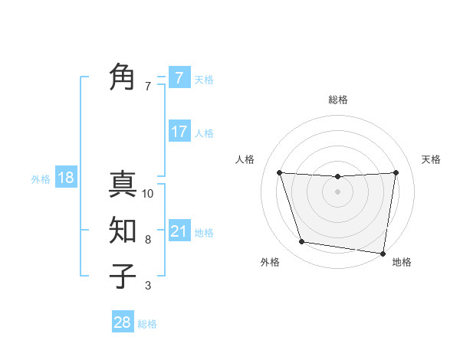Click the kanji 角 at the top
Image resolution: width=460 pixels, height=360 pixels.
point(123,77)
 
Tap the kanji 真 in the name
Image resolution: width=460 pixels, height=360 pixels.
point(123,185)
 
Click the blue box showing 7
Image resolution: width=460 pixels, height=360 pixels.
point(179,77)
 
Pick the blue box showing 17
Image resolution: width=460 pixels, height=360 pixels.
point(179,132)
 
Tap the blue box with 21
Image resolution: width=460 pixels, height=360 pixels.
point(179,231)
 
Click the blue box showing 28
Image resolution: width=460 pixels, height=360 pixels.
point(122,322)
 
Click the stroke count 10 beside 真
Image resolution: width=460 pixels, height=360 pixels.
point(148,194)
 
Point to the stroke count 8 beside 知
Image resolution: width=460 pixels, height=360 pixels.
point(148,240)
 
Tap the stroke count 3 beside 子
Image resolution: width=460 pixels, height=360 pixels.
point(148,286)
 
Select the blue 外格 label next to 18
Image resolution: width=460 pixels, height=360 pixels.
point(41,179)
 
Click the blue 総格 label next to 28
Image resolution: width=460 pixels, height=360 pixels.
point(147,324)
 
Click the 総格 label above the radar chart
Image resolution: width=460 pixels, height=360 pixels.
point(337,100)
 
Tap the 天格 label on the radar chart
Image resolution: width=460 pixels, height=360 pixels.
point(431,159)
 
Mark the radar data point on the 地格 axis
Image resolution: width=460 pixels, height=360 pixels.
point(383,253)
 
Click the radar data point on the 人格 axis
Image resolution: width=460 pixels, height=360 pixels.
point(279,172)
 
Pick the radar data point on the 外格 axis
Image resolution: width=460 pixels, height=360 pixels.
point(302,242)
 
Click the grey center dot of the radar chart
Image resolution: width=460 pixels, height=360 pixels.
point(337,191)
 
